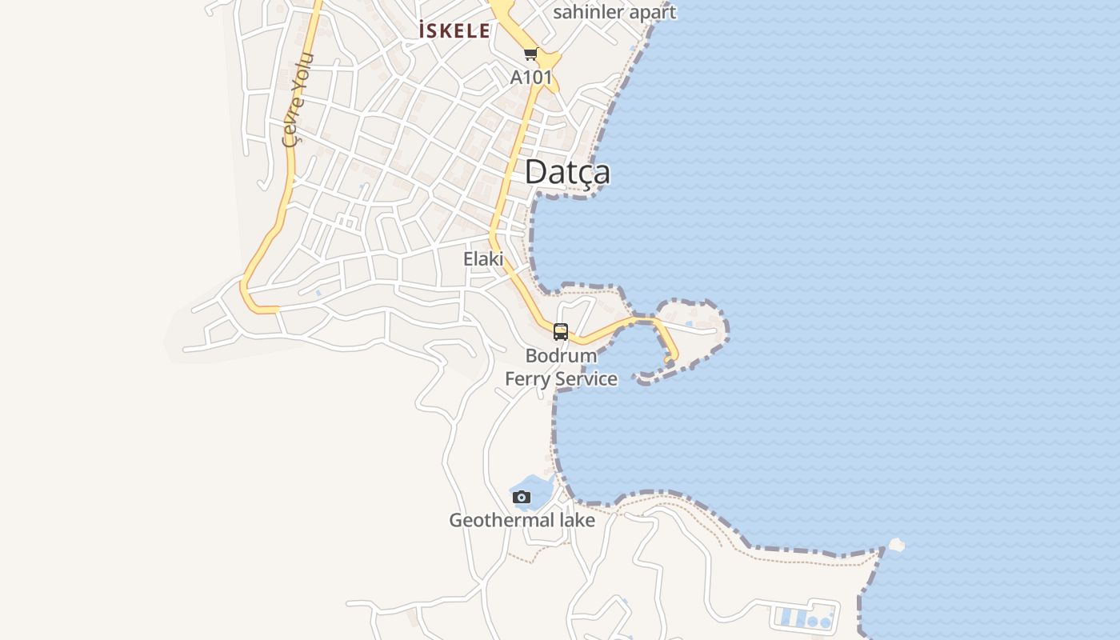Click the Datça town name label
567,172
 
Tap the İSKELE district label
454,31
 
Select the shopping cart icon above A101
530,54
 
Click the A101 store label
531,77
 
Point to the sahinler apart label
614,12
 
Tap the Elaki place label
483,258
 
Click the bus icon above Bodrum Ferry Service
561,332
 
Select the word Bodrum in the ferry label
561,355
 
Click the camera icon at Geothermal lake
522,498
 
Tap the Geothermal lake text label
522,520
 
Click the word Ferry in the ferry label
527,378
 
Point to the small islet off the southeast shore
896,545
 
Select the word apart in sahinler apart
652,12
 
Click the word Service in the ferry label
586,378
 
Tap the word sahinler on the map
587,12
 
